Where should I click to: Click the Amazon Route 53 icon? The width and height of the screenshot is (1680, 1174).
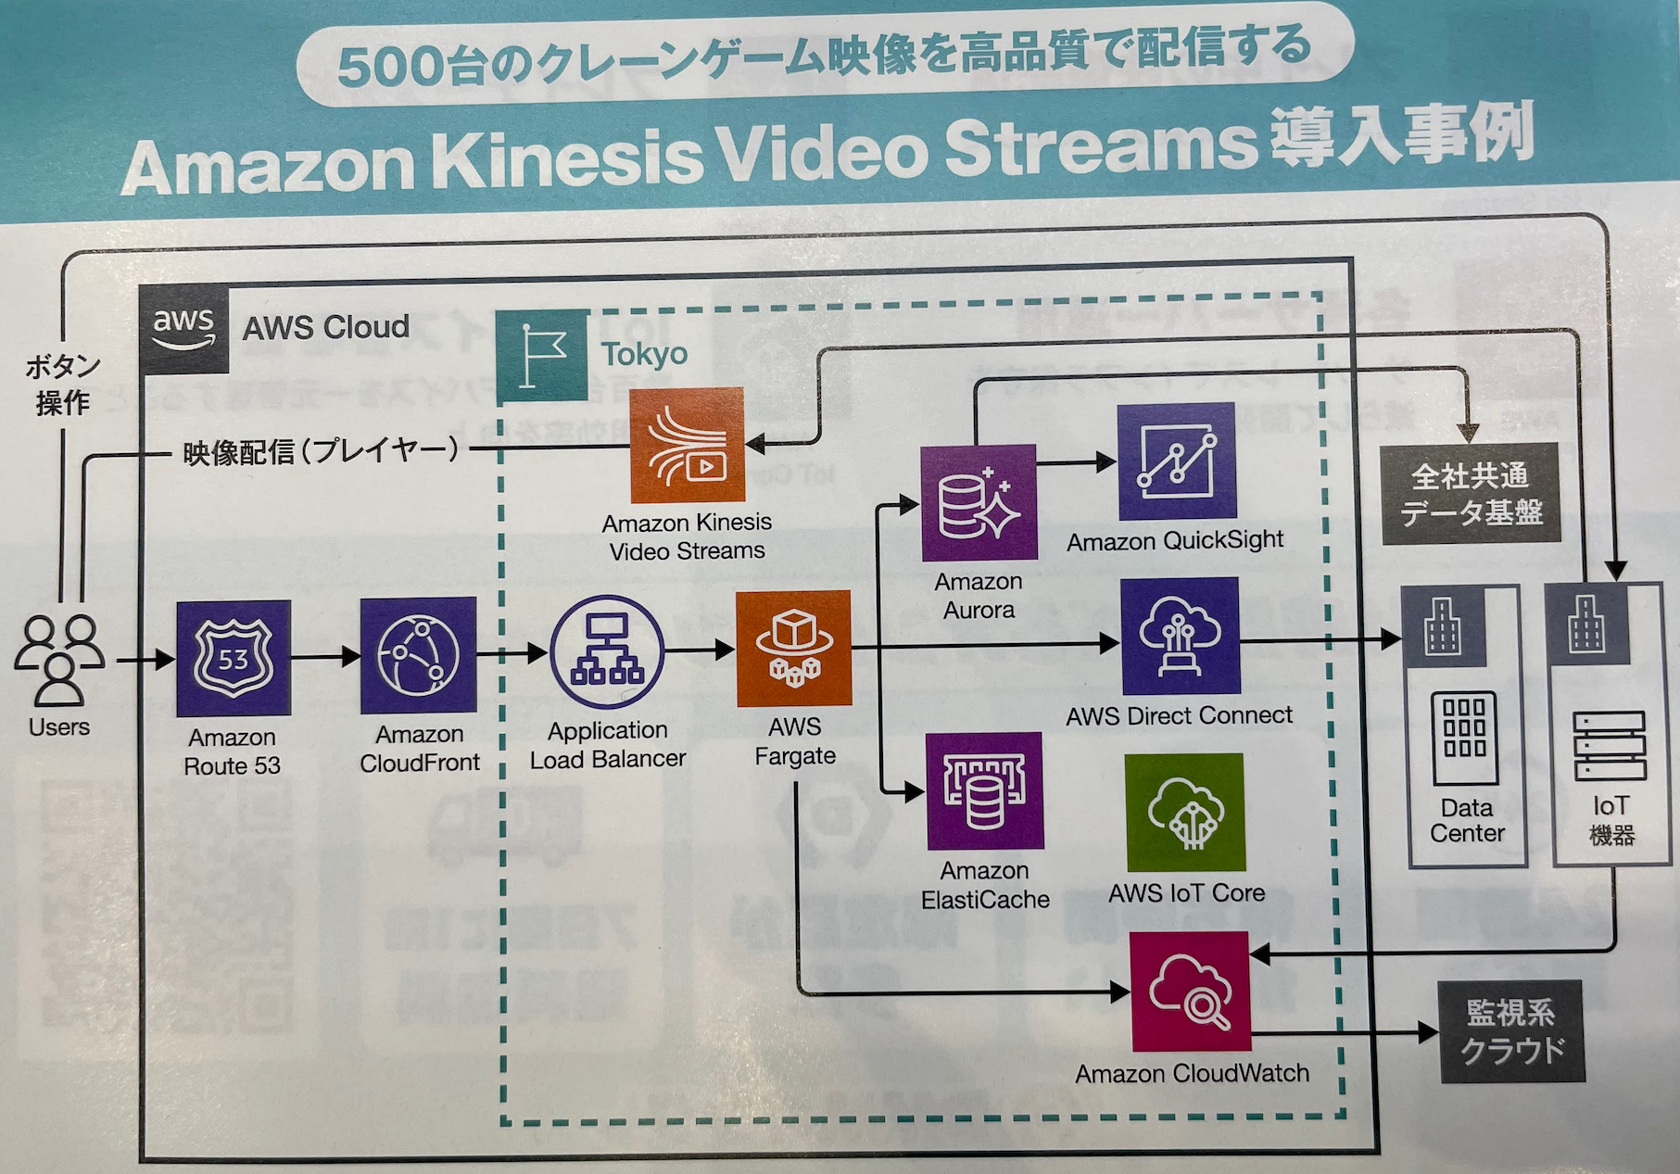[x=234, y=658]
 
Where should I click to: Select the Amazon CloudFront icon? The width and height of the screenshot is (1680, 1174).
[x=418, y=654]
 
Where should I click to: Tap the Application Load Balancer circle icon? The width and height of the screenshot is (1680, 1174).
[x=607, y=652]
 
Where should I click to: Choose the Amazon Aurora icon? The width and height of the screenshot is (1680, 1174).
[x=979, y=503]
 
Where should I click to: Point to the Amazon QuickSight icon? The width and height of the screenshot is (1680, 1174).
[x=1176, y=461]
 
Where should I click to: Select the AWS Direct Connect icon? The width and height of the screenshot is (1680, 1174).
[x=1180, y=637]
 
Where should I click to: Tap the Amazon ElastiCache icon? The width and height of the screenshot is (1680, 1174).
[x=985, y=791]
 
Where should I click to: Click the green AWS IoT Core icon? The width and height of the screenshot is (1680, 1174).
[x=1184, y=813]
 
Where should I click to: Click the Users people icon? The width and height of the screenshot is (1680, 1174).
[x=59, y=660]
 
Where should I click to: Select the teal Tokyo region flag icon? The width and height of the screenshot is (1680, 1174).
[x=542, y=356]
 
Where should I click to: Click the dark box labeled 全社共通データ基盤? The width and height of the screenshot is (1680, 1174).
[x=1471, y=494]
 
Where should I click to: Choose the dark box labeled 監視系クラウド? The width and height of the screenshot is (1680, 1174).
[x=1510, y=1031]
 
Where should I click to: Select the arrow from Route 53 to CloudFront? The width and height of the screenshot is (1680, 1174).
[x=325, y=657]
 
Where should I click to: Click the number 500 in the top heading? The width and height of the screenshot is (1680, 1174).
[x=389, y=68]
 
